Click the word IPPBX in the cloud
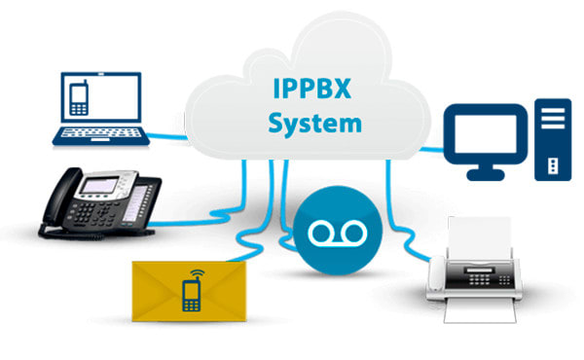(311, 89)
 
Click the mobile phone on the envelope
(192, 295)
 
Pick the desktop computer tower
(551, 140)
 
